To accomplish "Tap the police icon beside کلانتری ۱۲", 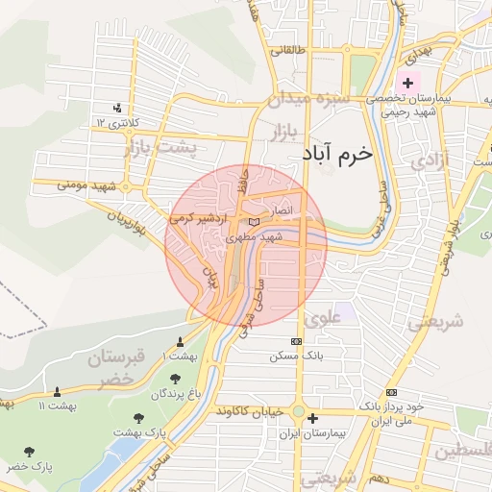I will pos(116,108).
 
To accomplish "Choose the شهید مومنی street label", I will pos(78,184).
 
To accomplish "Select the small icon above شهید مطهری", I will pos(254,223).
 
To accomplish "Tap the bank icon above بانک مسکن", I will pos(296,341).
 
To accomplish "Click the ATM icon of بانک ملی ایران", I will pos(390,392).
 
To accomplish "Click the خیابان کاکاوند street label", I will pos(251,411).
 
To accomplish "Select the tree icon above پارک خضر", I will pos(30,451).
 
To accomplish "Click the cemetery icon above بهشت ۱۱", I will pos(57,391).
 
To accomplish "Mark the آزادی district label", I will pos(429,160).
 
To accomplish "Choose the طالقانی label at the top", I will pos(289,49).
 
